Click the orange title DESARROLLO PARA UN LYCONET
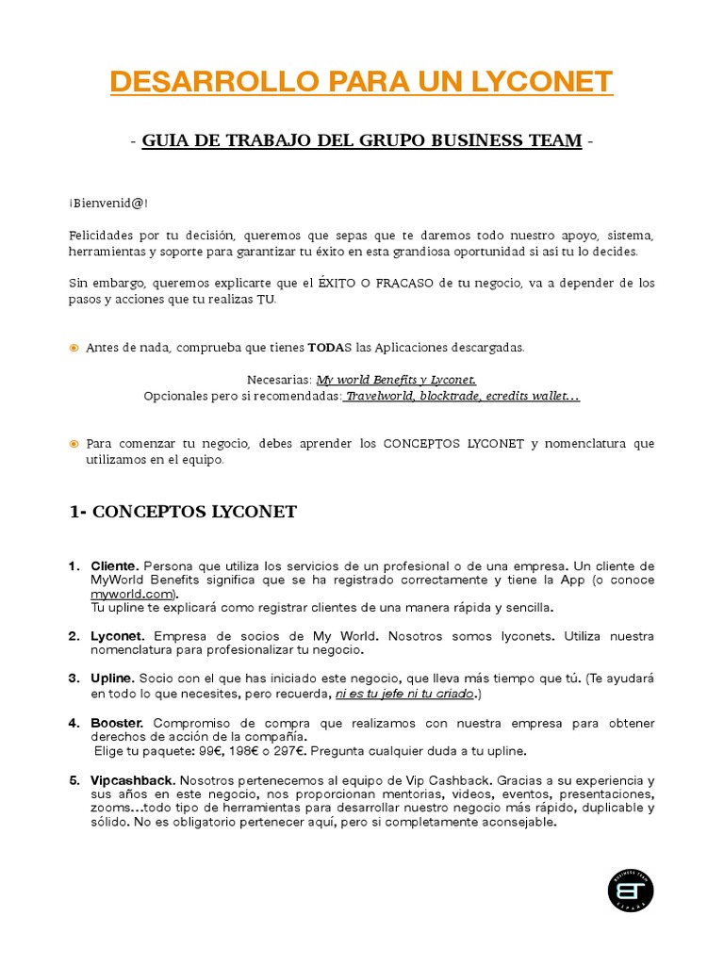[x=361, y=82]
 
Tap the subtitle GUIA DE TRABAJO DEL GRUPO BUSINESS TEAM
[x=361, y=141]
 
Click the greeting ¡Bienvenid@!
[x=107, y=204]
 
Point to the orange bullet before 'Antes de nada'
[x=74, y=349]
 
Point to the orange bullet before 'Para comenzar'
[x=74, y=444]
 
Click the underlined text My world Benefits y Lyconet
[x=396, y=380]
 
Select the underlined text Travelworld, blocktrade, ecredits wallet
[x=461, y=397]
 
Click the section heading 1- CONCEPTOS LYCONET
[x=183, y=513]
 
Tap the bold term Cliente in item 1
[x=114, y=566]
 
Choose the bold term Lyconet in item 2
[x=116, y=637]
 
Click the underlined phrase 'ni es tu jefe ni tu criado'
[x=404, y=695]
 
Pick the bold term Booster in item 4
[x=117, y=723]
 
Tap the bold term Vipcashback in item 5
[x=132, y=780]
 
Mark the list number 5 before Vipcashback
[x=73, y=780]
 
